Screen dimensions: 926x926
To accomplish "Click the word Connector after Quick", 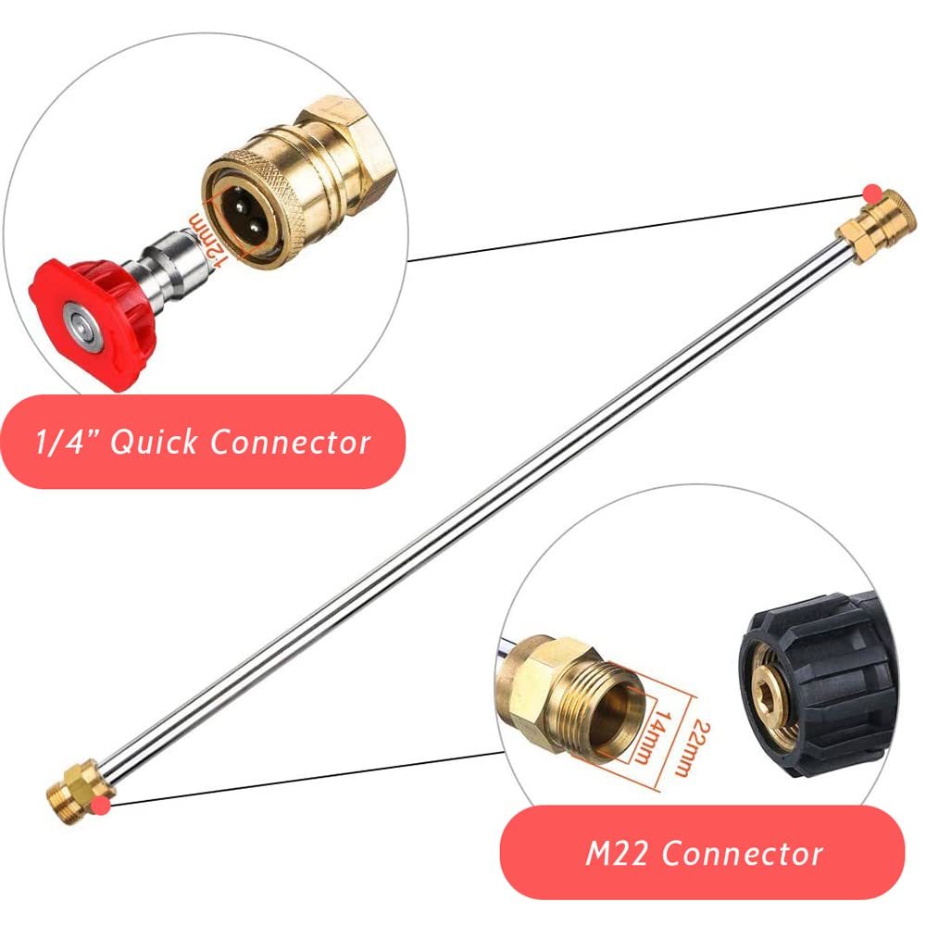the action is coord(291,442).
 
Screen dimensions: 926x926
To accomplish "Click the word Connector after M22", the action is coord(742,854).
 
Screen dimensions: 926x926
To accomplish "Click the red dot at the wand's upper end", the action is coord(871,194).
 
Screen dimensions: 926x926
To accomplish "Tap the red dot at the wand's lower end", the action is coord(102,805).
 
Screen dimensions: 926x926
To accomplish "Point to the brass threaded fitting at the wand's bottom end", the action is coord(80,792).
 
